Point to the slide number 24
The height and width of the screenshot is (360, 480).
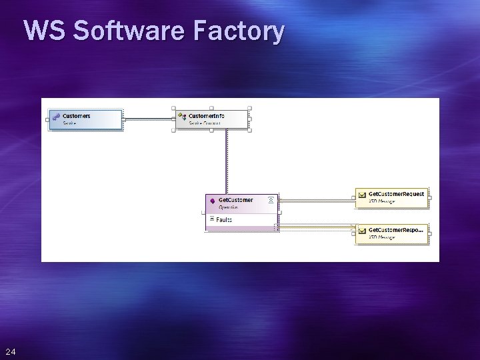point(10,351)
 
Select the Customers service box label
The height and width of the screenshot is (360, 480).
point(76,116)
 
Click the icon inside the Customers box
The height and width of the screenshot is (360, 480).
point(57,117)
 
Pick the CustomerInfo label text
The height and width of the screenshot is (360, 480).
point(206,116)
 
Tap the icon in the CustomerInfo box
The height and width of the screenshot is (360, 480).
point(181,116)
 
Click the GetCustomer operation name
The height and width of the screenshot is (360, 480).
point(235,200)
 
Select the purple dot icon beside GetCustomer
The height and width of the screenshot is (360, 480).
point(212,201)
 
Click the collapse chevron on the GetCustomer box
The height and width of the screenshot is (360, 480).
point(270,200)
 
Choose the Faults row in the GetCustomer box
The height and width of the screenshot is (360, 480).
point(224,219)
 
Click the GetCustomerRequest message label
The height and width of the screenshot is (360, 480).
point(396,194)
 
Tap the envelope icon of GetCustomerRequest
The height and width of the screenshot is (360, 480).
point(361,195)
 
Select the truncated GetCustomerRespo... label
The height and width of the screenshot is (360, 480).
point(395,230)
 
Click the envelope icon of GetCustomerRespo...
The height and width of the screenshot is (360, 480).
point(361,231)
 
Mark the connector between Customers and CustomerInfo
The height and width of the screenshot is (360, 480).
point(148,119)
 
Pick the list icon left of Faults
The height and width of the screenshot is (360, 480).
point(211,219)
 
